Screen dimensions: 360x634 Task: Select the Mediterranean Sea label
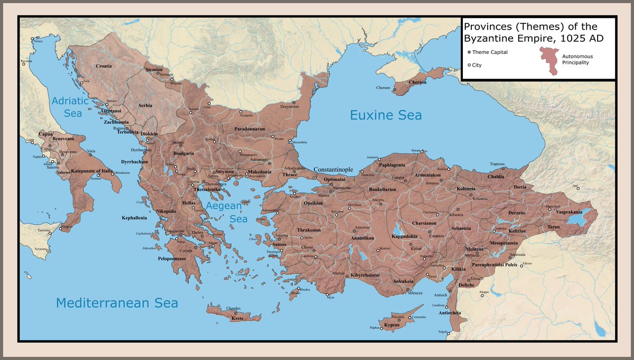[x=117, y=303]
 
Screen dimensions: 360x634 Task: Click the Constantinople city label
[x=333, y=169]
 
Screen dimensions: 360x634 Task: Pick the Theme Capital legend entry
[x=490, y=52]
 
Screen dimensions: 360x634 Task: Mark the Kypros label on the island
[x=391, y=325]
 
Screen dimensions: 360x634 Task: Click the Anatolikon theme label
[x=363, y=238]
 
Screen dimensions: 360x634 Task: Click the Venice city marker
[x=33, y=40]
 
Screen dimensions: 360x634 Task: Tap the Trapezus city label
[x=497, y=164]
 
